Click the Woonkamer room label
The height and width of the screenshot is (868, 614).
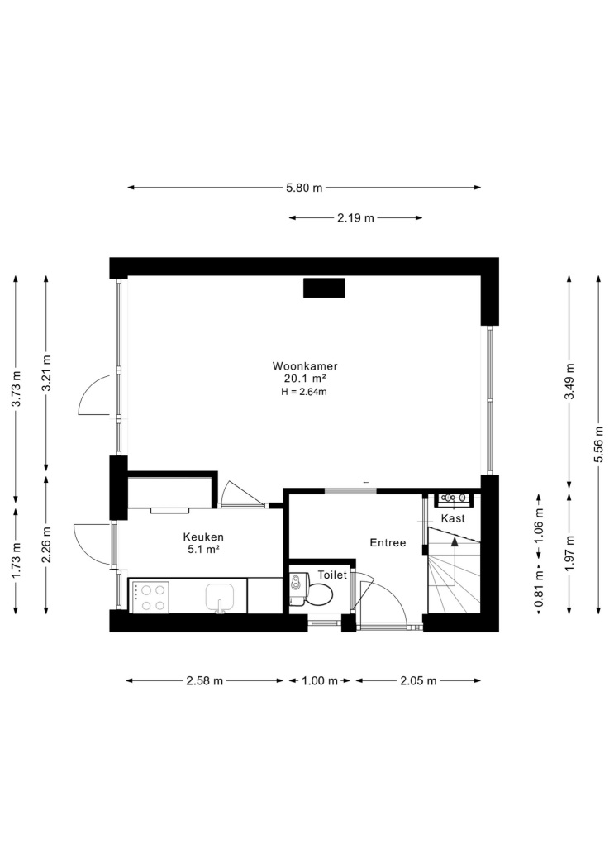pos(305,366)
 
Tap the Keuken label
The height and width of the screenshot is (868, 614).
pos(203,537)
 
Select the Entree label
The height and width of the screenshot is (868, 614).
pos(388,543)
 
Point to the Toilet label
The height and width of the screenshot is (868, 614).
pos(332,575)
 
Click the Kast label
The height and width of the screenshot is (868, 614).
pos(453,518)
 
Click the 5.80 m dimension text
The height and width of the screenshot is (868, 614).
pos(304,188)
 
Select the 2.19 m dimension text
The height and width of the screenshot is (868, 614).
pos(355,218)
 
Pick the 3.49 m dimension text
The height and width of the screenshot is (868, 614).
pos(569,381)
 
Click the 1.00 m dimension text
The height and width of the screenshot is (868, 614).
pos(319,681)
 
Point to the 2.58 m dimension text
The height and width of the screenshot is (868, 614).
pos(205,681)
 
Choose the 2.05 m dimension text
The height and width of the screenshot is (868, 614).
pos(419,681)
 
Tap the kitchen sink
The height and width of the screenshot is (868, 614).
pos(220,598)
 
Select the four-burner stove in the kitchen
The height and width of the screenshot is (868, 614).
pos(150,597)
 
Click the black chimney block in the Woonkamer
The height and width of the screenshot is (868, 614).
pos(324,288)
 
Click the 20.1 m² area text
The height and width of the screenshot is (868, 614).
pos(304,379)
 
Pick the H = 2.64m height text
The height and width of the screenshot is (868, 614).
pos(304,392)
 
